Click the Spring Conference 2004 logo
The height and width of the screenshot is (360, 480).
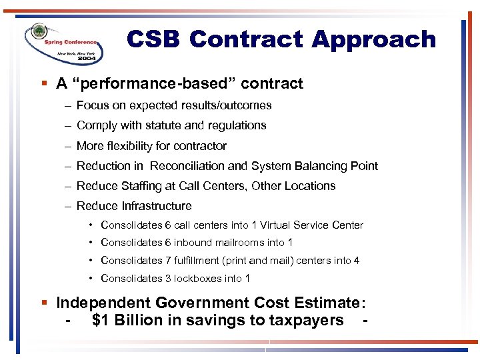pos(63,43)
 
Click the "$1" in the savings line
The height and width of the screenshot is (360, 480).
pos(101,321)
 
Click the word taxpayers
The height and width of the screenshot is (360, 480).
pos(307,321)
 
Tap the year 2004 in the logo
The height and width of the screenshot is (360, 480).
pos(86,59)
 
